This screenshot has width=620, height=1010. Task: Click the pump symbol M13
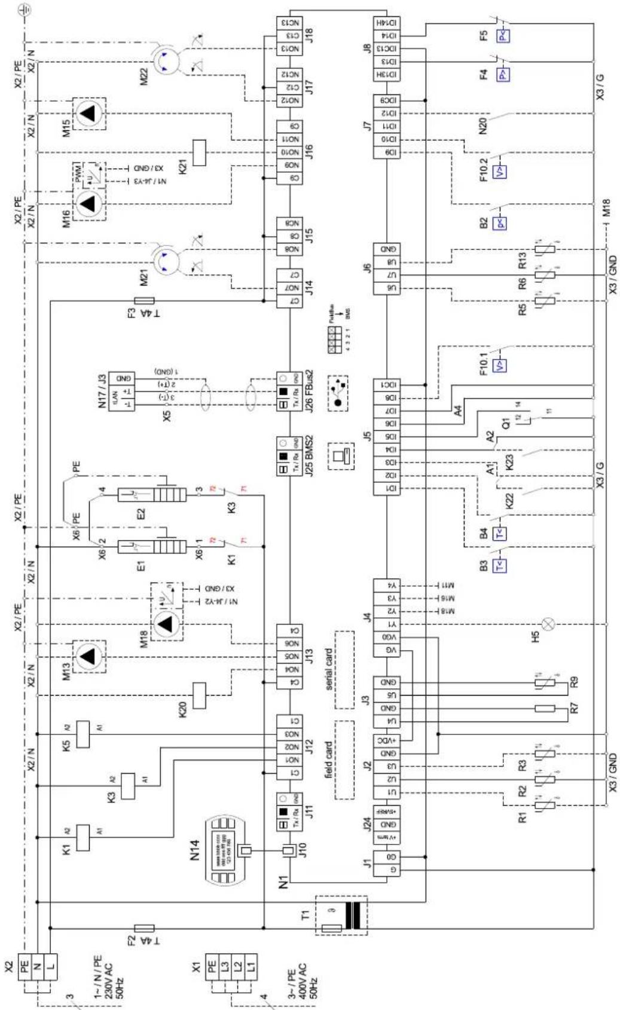click(88, 656)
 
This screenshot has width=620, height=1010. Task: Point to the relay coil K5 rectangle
click(84, 734)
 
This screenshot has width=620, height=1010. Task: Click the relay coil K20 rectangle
click(200, 694)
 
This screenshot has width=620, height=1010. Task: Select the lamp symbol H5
click(548, 625)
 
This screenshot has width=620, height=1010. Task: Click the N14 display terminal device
click(224, 850)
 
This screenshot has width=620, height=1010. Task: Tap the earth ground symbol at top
click(26, 8)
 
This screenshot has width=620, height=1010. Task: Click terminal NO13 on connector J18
click(289, 49)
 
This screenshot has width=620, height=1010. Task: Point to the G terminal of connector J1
click(386, 870)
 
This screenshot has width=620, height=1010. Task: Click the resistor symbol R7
click(545, 709)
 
